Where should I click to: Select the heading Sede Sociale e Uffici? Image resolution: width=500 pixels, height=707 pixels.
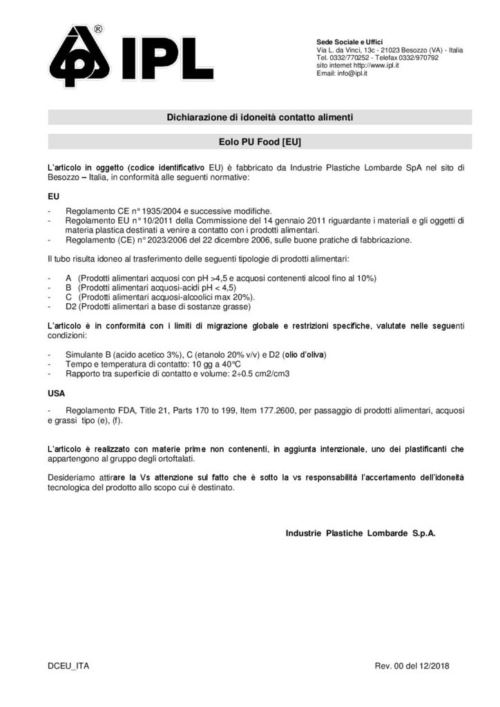pos(349,43)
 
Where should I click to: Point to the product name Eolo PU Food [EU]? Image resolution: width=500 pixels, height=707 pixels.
pos(260,142)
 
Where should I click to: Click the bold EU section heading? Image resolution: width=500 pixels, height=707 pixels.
pos(53,196)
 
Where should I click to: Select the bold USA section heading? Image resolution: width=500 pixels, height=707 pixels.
pos(57,394)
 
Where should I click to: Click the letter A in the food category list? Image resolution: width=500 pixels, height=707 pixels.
pos(69,277)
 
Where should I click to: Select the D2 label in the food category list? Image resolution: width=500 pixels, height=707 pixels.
pos(70,306)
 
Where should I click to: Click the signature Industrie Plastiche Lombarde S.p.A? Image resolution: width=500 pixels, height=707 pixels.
pos(360,533)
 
